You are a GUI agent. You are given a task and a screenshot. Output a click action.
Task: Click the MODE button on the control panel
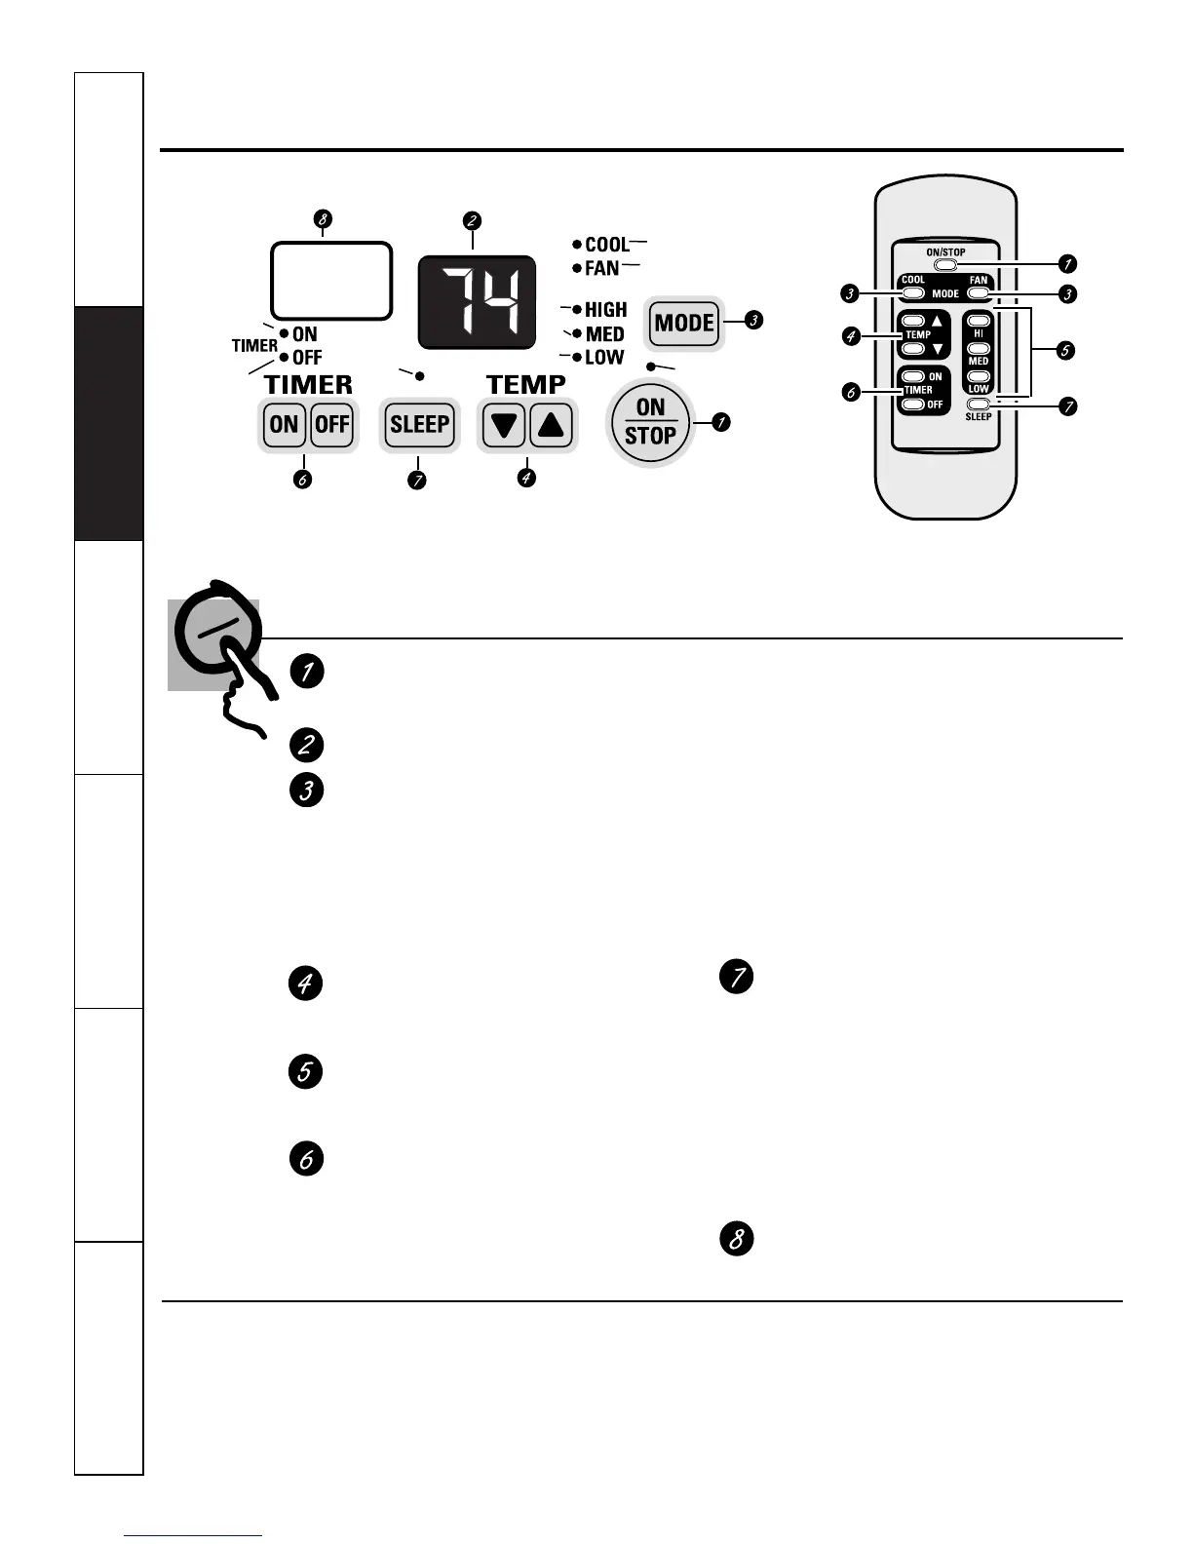click(x=684, y=323)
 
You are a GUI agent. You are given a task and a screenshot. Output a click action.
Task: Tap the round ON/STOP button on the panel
click(x=650, y=422)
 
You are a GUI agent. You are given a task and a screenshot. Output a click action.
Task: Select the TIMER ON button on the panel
click(x=284, y=424)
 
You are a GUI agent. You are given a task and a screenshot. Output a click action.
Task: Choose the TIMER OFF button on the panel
click(x=332, y=424)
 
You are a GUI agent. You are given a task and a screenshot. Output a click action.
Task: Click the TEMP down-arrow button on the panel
click(x=503, y=425)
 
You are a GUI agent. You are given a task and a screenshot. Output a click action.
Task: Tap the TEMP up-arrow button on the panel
click(x=552, y=425)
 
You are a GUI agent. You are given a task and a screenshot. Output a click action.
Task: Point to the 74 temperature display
click(x=478, y=302)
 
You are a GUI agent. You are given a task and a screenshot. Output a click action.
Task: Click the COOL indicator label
click(x=606, y=244)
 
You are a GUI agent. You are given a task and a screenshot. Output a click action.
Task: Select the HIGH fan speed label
click(x=605, y=309)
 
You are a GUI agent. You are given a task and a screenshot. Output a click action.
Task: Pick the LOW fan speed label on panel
click(x=603, y=357)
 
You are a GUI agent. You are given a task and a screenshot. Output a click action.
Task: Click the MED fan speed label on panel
click(x=604, y=333)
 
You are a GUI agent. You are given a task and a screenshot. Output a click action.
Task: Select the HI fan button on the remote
click(x=979, y=321)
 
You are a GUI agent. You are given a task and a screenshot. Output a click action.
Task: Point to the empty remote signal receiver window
click(x=331, y=280)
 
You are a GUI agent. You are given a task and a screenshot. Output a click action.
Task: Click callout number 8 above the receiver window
click(x=323, y=219)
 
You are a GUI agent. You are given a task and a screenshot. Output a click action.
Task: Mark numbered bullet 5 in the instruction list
click(x=306, y=1071)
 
